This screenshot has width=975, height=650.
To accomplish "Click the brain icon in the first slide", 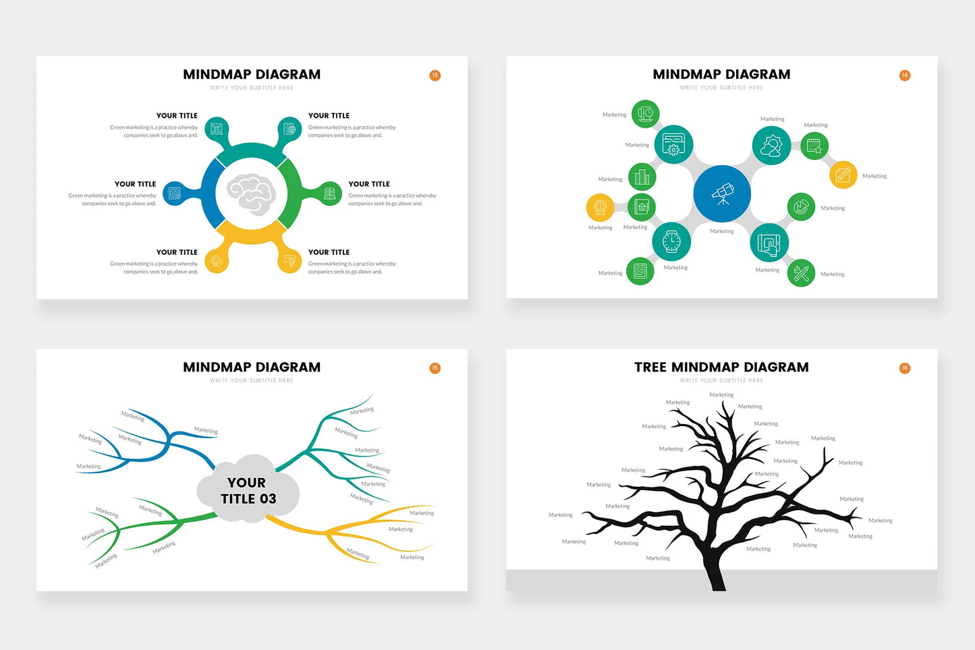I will click(x=251, y=194).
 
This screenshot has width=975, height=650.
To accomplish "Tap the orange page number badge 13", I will click(x=435, y=76).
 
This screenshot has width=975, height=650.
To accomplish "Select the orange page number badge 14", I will click(x=905, y=76).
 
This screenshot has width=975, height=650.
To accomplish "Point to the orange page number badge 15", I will click(x=435, y=368).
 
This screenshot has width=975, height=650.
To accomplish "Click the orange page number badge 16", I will click(x=905, y=368).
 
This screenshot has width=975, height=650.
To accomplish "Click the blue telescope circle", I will click(x=722, y=194).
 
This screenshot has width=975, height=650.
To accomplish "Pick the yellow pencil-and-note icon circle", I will click(x=843, y=175).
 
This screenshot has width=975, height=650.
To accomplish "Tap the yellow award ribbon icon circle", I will click(x=600, y=208).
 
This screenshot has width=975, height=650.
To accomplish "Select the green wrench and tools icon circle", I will click(x=801, y=273).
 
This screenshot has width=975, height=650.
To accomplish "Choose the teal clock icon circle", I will click(x=671, y=241).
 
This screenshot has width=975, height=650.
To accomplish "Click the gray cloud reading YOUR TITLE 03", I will click(x=248, y=490).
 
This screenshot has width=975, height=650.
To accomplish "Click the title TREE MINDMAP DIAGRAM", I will click(x=721, y=367).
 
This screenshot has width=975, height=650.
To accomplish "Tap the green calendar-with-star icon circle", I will click(x=814, y=146).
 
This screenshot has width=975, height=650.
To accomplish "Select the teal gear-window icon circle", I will click(x=673, y=145).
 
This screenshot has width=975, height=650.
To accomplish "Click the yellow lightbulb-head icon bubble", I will click(x=217, y=261).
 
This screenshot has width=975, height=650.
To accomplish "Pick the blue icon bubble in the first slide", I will click(x=175, y=194).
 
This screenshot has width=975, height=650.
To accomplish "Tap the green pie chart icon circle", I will click(x=801, y=207).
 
